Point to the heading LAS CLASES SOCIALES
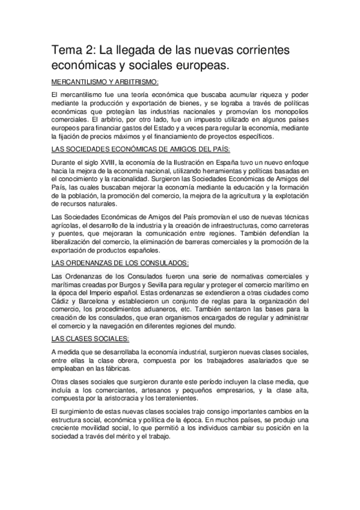click(x=86, y=338)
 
